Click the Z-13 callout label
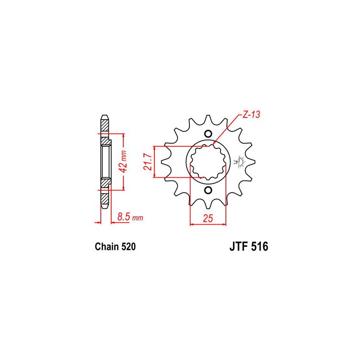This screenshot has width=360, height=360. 251,115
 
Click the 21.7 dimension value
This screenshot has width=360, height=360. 148,162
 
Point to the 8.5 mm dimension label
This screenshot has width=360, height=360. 130,217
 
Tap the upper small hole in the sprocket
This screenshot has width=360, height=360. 207,134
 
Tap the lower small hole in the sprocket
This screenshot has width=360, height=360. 207,191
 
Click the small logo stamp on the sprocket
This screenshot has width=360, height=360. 238,162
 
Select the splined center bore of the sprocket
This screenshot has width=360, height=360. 207,162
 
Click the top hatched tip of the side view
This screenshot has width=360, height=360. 104,124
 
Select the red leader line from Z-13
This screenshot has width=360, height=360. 227,130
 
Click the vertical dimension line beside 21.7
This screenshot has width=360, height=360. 155,162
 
